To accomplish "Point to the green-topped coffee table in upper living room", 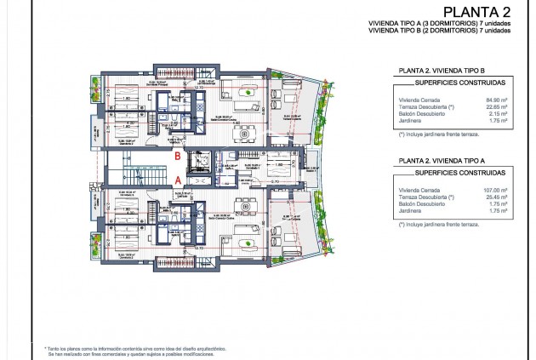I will pos(248,91).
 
